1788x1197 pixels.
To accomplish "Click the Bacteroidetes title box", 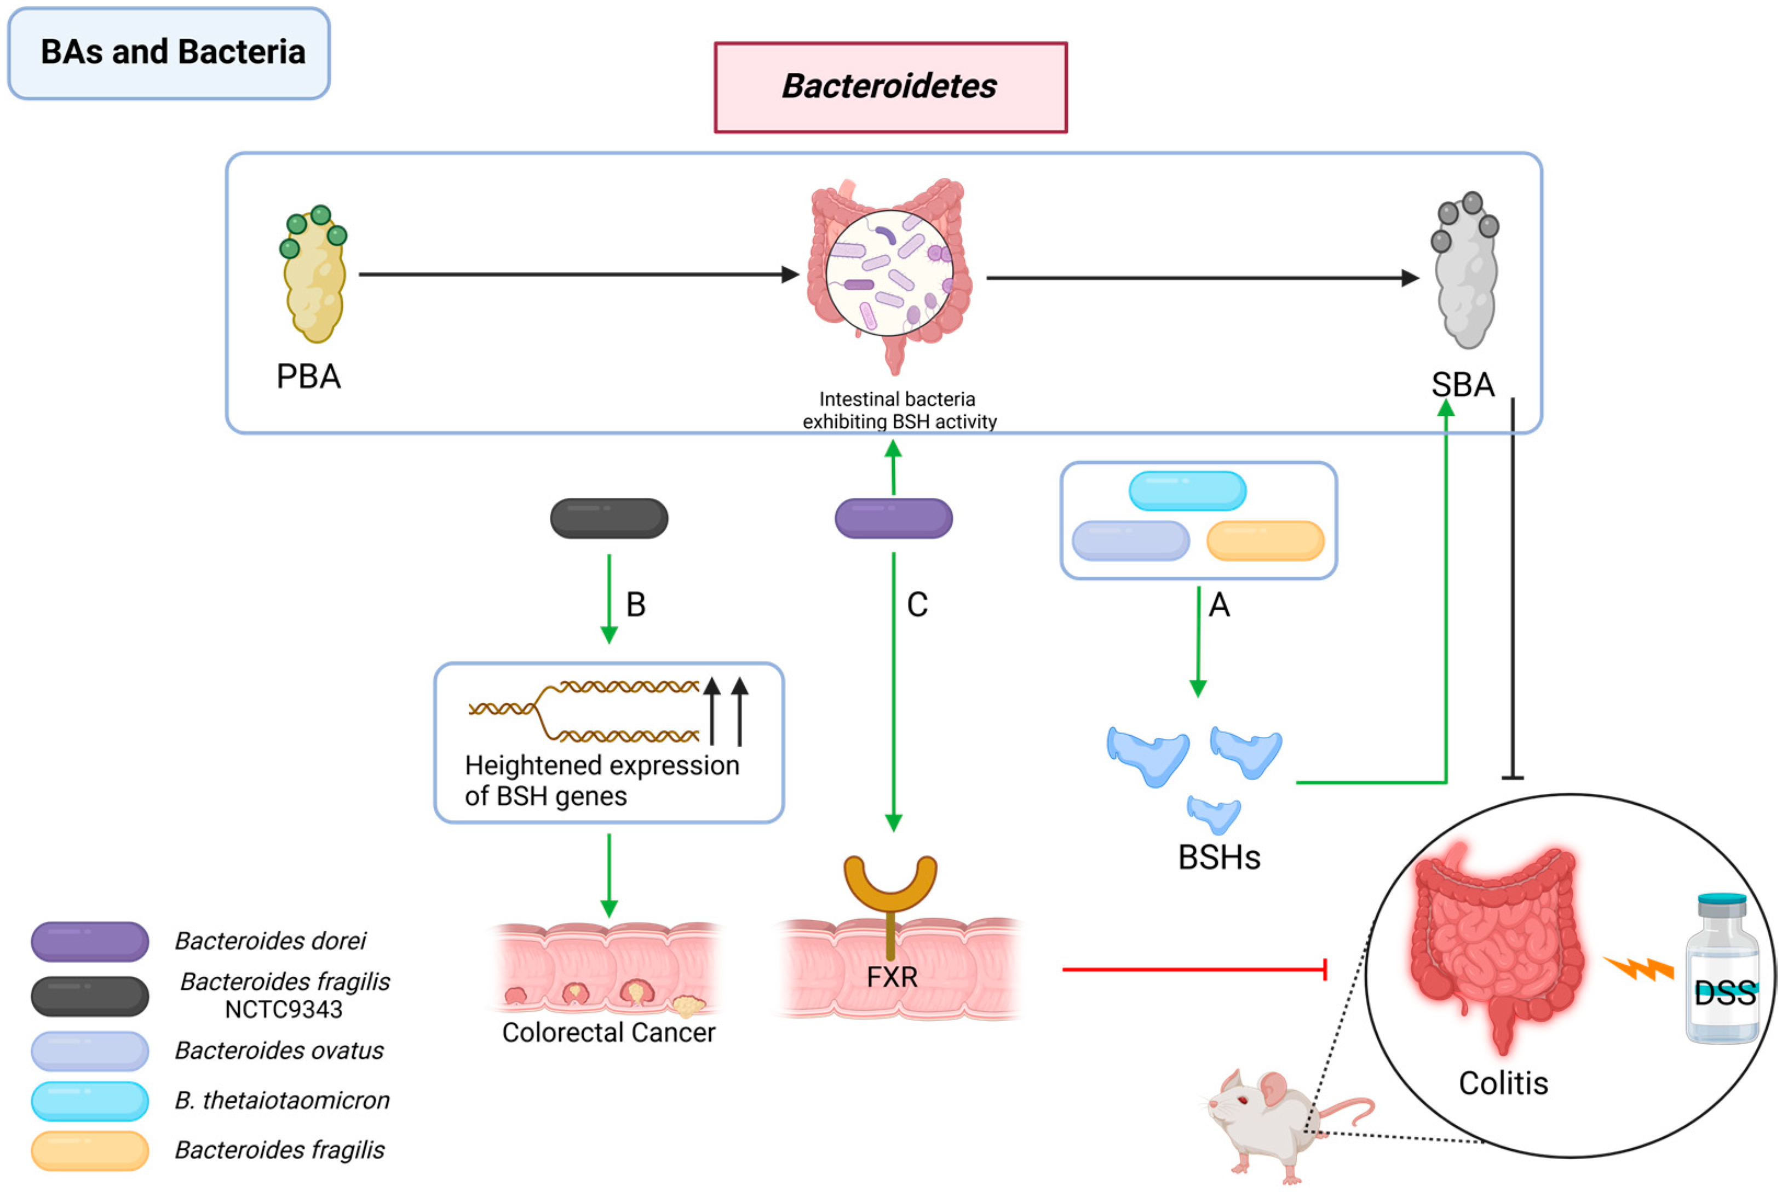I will (890, 87).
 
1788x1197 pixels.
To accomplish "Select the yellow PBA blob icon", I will (314, 279).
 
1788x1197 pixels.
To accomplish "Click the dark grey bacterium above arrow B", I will (609, 518).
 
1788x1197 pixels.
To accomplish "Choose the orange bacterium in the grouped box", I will (1264, 541).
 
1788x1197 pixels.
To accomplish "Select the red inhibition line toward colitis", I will (1194, 970).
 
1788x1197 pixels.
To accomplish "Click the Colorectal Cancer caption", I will (608, 1033).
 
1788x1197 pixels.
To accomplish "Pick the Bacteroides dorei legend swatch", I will (90, 941).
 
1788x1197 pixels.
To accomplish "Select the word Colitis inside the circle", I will (1503, 1083).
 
